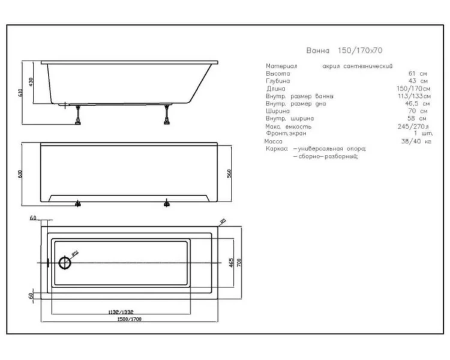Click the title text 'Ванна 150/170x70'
pyautogui.click(x=344, y=52)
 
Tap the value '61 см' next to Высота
pyautogui.click(x=419, y=73)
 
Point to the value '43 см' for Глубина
pyautogui.click(x=419, y=80)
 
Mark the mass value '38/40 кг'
pyautogui.click(x=418, y=142)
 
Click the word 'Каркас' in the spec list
pyautogui.click(x=277, y=148)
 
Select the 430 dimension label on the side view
pyautogui.click(x=31, y=81)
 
